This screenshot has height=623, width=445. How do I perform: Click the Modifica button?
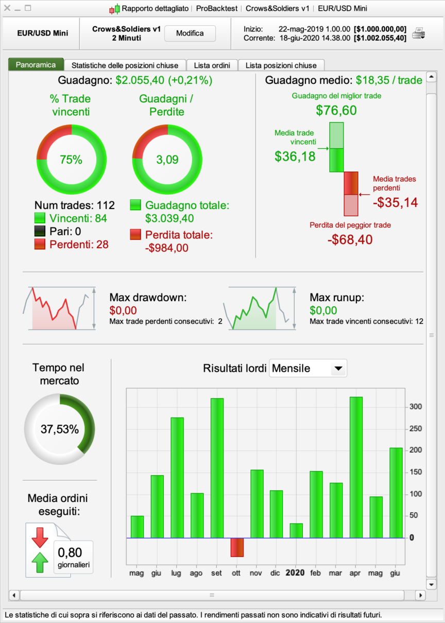tap(190, 33)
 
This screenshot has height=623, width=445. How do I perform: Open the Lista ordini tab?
tap(212, 65)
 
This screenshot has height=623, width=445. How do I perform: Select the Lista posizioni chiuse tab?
tap(281, 65)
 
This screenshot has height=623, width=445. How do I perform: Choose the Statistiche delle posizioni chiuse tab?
tap(125, 65)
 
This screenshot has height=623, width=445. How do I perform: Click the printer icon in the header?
tap(418, 33)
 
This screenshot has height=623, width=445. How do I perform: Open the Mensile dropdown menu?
tap(338, 368)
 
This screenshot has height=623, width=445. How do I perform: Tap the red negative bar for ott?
tap(237, 547)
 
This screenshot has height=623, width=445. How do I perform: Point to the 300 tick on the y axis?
tap(416, 407)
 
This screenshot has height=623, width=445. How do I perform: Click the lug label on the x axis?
tap(176, 573)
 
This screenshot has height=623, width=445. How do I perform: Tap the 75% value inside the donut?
tap(71, 160)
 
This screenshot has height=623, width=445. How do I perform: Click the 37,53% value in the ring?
tap(60, 429)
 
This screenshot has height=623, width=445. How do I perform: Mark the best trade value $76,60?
tap(336, 110)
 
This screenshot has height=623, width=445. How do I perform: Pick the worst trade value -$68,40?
tap(350, 239)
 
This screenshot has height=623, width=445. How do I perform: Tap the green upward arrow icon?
tap(40, 562)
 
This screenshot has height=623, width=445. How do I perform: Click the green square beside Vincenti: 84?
tap(40, 218)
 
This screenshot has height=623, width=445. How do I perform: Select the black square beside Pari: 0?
tap(40, 231)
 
